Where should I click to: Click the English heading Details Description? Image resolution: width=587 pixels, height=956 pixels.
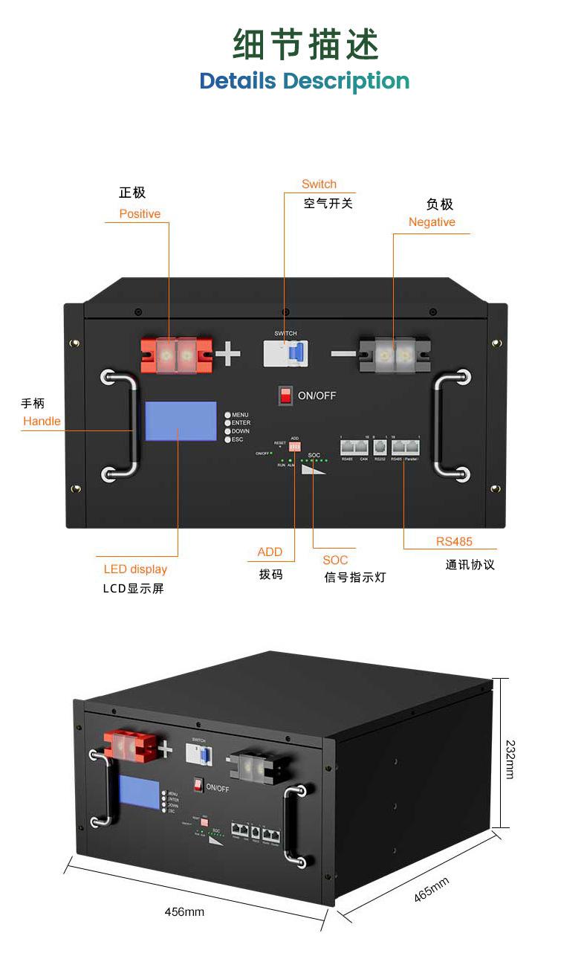pyautogui.click(x=305, y=80)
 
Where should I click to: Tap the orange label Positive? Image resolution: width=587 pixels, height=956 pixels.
pyautogui.click(x=140, y=214)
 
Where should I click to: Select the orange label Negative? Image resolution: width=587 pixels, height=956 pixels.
pyautogui.click(x=432, y=222)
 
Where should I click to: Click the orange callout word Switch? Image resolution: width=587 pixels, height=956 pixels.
pyautogui.click(x=319, y=184)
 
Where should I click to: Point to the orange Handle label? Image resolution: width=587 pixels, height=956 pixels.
pyautogui.click(x=42, y=422)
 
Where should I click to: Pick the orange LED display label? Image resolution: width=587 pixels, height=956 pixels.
pyautogui.click(x=135, y=569)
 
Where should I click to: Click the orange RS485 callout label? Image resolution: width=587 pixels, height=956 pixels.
pyautogui.click(x=454, y=542)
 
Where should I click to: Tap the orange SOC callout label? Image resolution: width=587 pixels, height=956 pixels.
pyautogui.click(x=335, y=561)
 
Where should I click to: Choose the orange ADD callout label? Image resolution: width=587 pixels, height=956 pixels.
pyautogui.click(x=270, y=552)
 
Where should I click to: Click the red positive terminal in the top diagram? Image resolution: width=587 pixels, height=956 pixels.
pyautogui.click(x=177, y=355)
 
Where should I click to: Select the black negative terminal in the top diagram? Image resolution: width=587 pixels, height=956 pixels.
pyautogui.click(x=395, y=355)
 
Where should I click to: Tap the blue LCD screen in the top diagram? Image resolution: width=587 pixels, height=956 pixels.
pyautogui.click(x=178, y=422)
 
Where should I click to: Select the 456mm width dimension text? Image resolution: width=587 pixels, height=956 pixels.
pyautogui.click(x=184, y=912)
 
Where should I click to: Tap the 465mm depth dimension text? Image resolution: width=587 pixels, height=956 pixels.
pyautogui.click(x=432, y=891)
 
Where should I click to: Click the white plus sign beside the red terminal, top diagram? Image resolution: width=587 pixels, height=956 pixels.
pyautogui.click(x=227, y=355)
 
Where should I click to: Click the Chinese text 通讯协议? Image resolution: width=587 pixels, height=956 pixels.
pyautogui.click(x=470, y=565)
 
